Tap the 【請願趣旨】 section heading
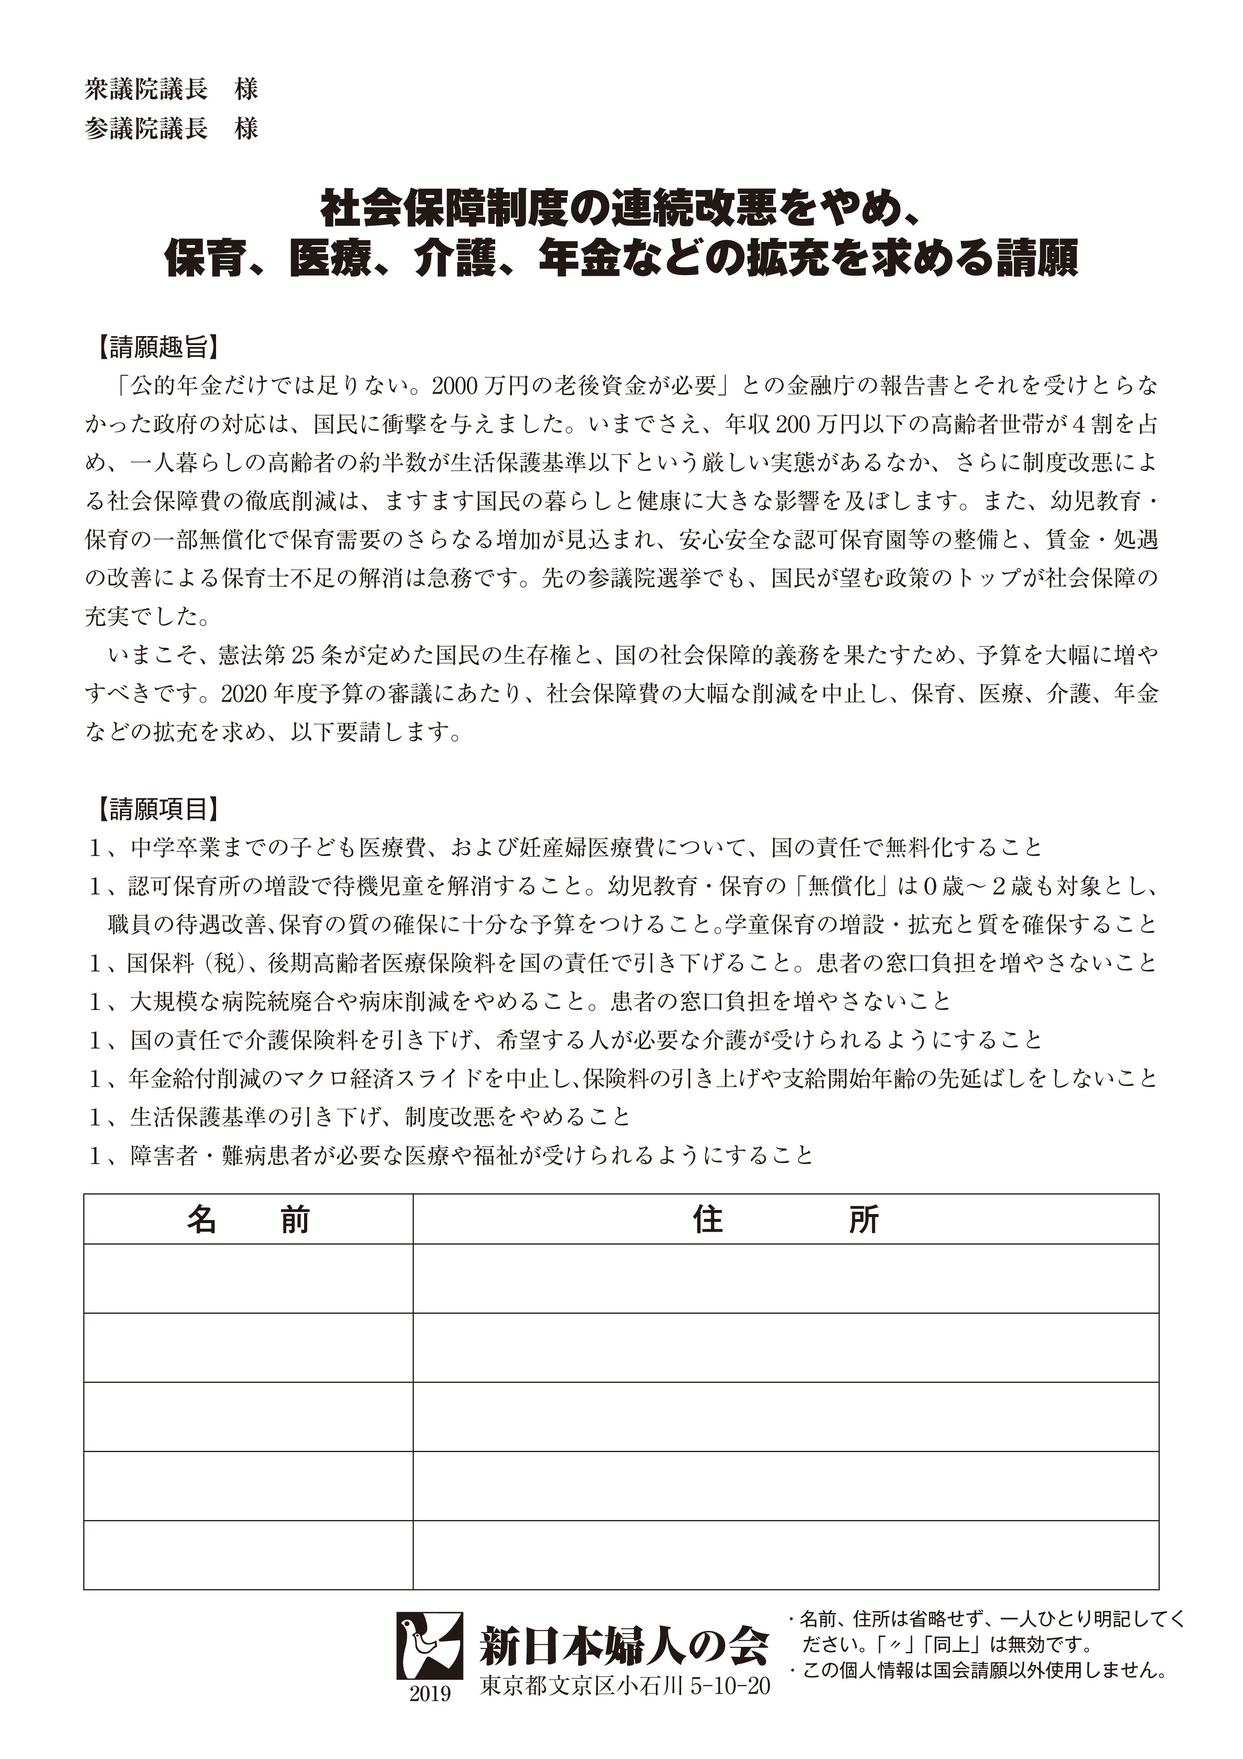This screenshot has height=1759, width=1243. click(x=158, y=347)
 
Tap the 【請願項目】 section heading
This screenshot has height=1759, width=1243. click(x=158, y=808)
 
